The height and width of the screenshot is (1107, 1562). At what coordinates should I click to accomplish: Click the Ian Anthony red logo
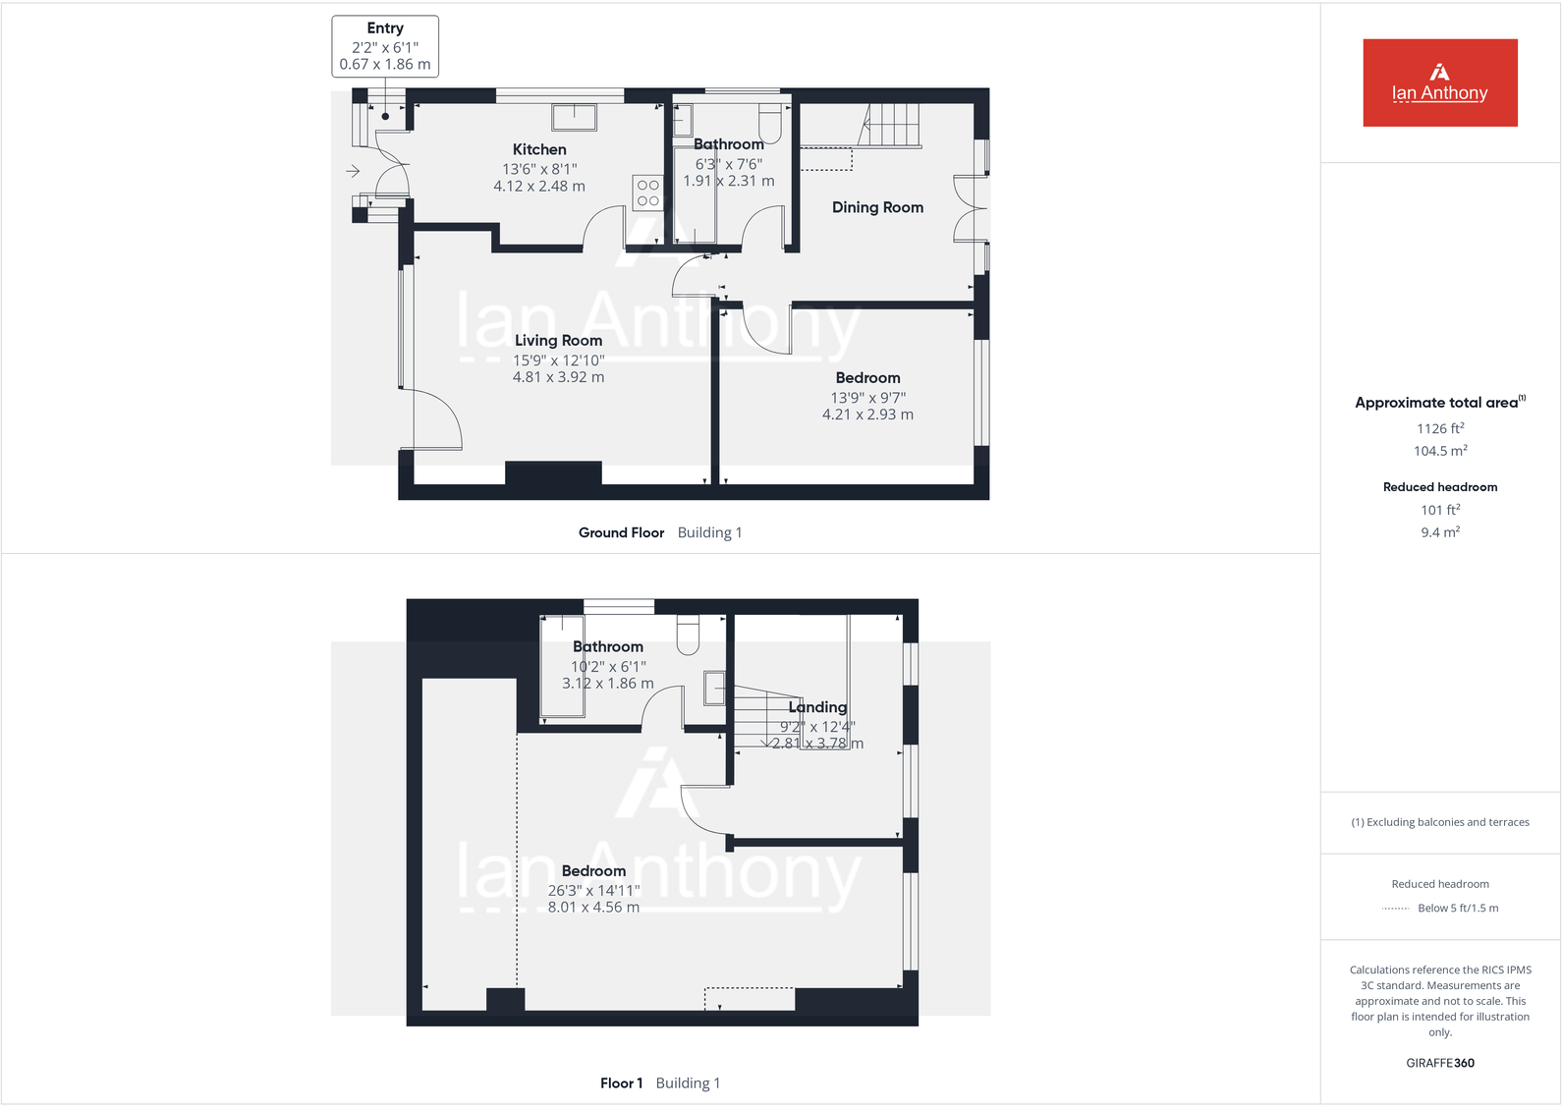1439,83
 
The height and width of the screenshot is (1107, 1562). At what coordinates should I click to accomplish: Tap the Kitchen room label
539,149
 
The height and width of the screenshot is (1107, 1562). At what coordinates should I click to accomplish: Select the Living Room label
558,340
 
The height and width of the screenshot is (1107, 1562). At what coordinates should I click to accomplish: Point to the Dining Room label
877,207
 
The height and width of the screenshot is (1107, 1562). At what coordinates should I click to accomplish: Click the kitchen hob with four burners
647,193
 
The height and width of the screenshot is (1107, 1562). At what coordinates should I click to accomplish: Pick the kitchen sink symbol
574,117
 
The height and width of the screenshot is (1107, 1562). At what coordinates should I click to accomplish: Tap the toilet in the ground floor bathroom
770,122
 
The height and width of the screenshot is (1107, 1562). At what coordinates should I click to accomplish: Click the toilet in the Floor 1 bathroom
688,635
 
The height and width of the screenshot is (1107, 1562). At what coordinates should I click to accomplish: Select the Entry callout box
385,46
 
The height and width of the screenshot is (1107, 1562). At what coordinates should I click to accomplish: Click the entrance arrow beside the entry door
353,172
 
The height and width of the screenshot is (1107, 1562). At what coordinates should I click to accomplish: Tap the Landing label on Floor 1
817,707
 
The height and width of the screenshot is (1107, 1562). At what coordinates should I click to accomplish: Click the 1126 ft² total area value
1440,428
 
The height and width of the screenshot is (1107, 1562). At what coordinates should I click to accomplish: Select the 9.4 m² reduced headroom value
1440,532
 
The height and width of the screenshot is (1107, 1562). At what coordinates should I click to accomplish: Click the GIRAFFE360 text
1440,1063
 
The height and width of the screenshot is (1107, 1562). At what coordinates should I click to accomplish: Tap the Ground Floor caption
621,532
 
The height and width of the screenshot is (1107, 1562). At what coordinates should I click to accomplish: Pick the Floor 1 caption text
621,1083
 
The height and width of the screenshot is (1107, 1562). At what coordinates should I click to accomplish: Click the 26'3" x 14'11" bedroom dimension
593,890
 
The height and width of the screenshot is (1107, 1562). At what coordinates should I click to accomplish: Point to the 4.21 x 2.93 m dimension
867,415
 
